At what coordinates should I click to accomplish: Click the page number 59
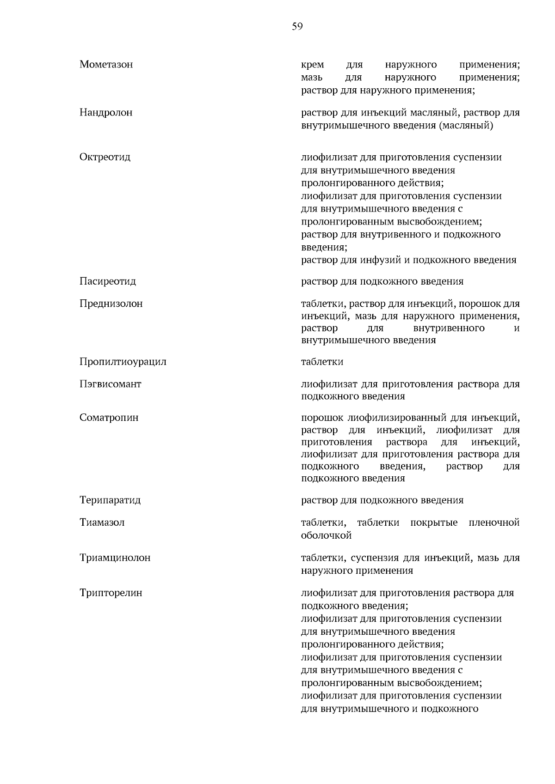click(x=297, y=26)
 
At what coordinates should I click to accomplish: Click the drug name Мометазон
click(x=106, y=64)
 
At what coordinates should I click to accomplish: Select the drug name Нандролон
click(x=106, y=112)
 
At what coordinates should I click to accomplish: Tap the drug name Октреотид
click(x=105, y=157)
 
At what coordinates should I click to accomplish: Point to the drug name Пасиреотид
click(x=108, y=281)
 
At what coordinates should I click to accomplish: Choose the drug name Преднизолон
click(x=111, y=304)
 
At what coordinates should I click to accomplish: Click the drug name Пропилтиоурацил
click(x=123, y=362)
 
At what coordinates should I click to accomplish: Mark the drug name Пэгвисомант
click(x=111, y=384)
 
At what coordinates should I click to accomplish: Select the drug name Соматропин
click(x=109, y=418)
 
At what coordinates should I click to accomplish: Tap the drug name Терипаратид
click(x=110, y=500)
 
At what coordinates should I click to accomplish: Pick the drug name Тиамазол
click(x=102, y=523)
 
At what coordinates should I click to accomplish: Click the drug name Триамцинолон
click(x=115, y=558)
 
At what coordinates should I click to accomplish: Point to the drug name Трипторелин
click(x=111, y=593)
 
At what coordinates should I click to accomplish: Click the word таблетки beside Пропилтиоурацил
click(x=322, y=362)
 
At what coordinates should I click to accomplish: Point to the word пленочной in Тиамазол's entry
click(x=494, y=523)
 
